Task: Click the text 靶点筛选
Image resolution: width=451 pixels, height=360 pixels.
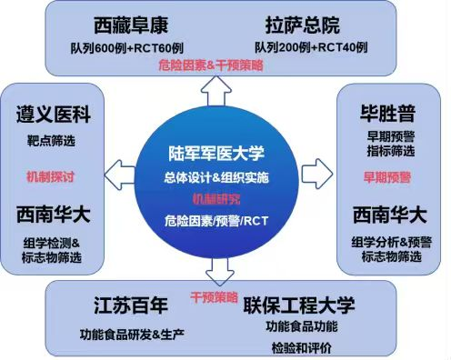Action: (x=51, y=141)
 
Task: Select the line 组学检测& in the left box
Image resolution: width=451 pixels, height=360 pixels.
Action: (x=51, y=242)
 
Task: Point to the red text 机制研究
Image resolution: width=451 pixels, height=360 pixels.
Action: (x=217, y=197)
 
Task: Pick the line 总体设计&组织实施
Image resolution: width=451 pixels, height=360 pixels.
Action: (x=217, y=175)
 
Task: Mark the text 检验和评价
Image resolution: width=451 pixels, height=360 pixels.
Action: (x=301, y=346)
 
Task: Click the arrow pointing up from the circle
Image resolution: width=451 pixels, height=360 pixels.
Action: (x=218, y=87)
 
